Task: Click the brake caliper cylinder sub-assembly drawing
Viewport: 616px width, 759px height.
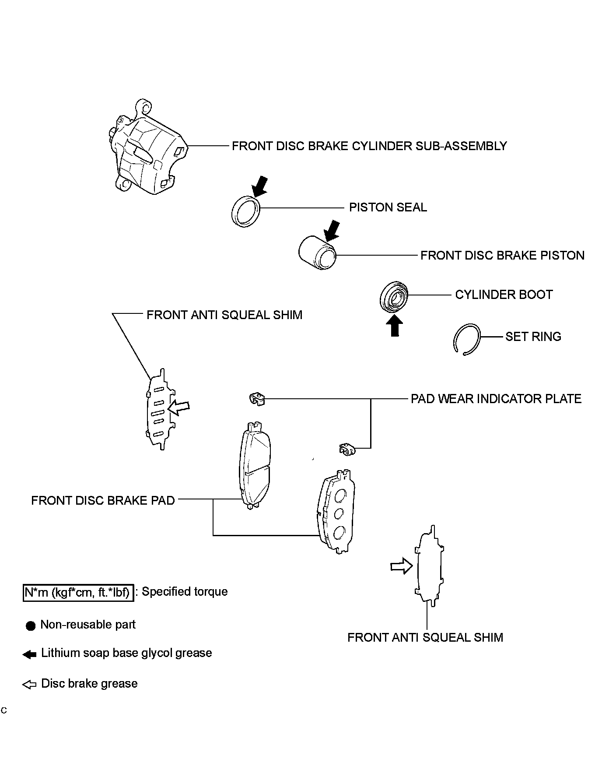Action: pyautogui.click(x=147, y=149)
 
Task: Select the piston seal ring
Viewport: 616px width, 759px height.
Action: pyautogui.click(x=245, y=212)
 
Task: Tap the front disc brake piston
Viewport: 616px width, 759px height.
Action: pyautogui.click(x=317, y=253)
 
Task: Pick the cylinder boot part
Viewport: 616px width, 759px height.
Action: pyautogui.click(x=394, y=297)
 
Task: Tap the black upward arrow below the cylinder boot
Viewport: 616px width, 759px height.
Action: pyautogui.click(x=395, y=326)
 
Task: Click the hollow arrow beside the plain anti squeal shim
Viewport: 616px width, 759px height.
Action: pyautogui.click(x=401, y=566)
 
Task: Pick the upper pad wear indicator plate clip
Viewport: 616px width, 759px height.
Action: pyautogui.click(x=257, y=399)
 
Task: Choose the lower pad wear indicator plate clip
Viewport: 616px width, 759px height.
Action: pyautogui.click(x=346, y=449)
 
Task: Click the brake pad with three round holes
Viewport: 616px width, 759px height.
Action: pyautogui.click(x=336, y=512)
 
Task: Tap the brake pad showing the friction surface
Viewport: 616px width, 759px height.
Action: pyautogui.click(x=255, y=466)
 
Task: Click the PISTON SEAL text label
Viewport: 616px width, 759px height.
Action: pyautogui.click(x=388, y=207)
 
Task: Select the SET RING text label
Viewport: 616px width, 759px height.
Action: pyautogui.click(x=533, y=337)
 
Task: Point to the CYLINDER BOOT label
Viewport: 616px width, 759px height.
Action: pyautogui.click(x=504, y=295)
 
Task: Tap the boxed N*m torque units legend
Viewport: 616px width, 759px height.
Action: pyautogui.click(x=78, y=592)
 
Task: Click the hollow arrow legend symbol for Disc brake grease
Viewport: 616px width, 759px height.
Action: pyautogui.click(x=29, y=684)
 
